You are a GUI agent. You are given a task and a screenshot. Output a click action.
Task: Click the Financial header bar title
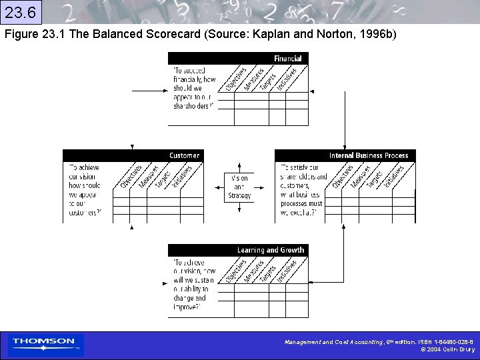pyautogui.click(x=287, y=59)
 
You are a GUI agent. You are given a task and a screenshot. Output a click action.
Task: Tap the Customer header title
pyautogui.click(x=184, y=155)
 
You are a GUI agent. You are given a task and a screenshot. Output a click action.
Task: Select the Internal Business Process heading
pyautogui.click(x=368, y=155)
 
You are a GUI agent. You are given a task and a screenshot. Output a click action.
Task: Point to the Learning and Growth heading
pyautogui.click(x=270, y=250)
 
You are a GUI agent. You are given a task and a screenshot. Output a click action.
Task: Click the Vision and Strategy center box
pyautogui.click(x=239, y=187)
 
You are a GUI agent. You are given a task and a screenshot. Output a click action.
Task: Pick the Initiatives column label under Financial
pyautogui.click(x=287, y=79)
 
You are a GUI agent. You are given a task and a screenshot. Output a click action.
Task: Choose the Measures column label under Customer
pyautogui.click(x=148, y=176)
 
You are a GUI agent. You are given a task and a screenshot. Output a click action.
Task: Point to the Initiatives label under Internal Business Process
pyautogui.click(x=393, y=177)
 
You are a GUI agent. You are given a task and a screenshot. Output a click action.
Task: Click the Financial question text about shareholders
pyautogui.click(x=193, y=87)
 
